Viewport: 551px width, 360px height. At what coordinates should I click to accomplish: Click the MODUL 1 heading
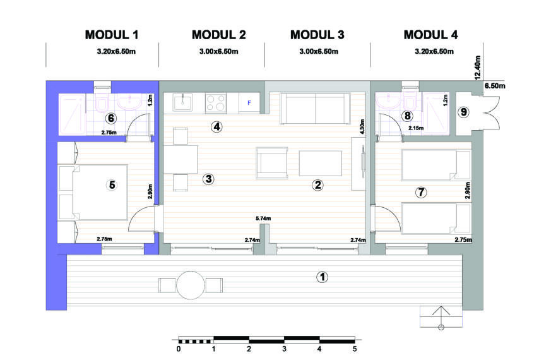coord(112,35)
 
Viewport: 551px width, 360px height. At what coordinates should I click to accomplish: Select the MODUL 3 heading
coord(317,35)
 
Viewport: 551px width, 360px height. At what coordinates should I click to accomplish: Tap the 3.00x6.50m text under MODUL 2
coord(218,51)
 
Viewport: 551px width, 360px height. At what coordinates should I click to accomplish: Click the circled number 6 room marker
coord(111,118)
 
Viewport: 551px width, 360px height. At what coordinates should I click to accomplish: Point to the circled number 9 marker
coord(464,112)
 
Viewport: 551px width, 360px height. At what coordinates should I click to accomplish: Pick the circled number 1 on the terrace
coord(323,277)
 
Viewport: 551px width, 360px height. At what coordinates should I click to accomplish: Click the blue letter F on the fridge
coord(249,103)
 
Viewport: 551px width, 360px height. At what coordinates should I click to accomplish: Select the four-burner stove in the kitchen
coord(215,103)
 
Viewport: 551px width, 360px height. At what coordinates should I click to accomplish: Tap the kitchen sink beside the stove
coord(182,103)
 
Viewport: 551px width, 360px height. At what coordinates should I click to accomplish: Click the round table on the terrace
coord(191,285)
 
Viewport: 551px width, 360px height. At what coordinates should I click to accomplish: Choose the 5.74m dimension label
coord(263,219)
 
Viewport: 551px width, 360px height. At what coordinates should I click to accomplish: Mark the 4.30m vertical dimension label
coord(362,126)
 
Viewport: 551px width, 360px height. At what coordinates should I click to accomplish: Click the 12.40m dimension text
coord(477,68)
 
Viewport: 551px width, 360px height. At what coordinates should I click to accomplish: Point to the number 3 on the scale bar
coord(284,349)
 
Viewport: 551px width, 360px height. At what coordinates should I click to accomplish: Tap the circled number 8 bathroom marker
coord(407,116)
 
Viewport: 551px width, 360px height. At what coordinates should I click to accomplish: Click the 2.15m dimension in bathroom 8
coord(416,128)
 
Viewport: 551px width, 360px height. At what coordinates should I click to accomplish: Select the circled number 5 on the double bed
coord(112,185)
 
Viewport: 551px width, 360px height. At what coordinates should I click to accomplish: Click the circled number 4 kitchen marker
coord(216,126)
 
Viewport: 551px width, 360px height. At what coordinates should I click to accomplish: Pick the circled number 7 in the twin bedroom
coord(421,192)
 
